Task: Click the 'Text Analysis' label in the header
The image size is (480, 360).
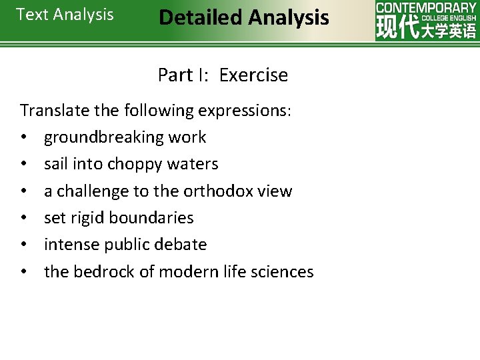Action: (65, 15)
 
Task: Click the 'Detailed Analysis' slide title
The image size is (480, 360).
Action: (244, 17)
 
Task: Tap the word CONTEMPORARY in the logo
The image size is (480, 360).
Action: (426, 7)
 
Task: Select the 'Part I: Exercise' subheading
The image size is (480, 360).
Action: (223, 75)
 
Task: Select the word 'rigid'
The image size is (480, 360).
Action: (89, 218)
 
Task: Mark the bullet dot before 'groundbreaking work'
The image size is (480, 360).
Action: (23, 138)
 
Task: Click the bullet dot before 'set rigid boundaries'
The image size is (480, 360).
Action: (23, 219)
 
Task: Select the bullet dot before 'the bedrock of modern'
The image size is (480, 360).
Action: (23, 272)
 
